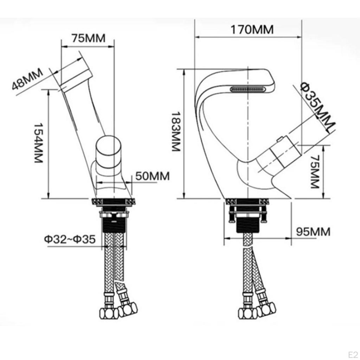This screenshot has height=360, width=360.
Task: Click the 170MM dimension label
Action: pyautogui.click(x=252, y=30)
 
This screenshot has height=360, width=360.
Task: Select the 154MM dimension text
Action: pyautogui.click(x=39, y=142)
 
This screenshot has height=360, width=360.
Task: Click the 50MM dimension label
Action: pyautogui.click(x=152, y=176)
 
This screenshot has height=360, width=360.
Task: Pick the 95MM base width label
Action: pyautogui.click(x=313, y=232)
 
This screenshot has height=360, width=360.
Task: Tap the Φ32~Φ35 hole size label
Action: pyautogui.click(x=70, y=239)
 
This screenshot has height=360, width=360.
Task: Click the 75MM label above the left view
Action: pyautogui.click(x=88, y=38)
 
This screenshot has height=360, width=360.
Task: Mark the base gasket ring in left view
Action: pyautogui.click(x=113, y=202)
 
